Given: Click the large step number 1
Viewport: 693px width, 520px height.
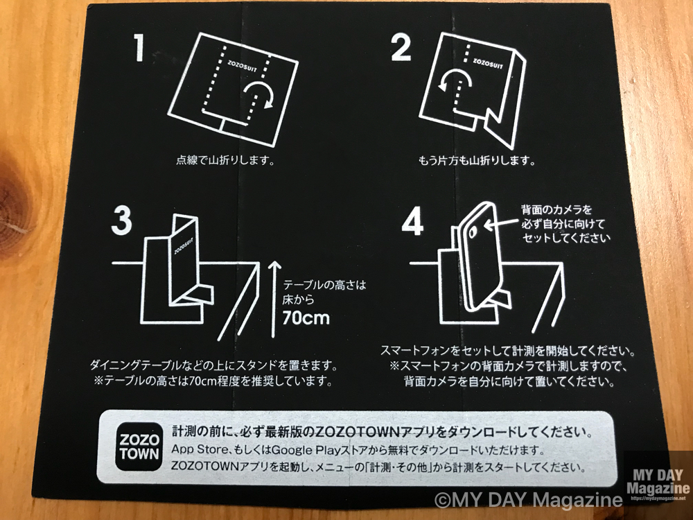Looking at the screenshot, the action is (x=140, y=48).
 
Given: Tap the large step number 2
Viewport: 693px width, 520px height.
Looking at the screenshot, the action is (x=401, y=48).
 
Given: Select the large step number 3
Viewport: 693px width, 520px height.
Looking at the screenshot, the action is (x=121, y=221).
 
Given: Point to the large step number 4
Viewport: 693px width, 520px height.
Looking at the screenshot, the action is (x=412, y=222).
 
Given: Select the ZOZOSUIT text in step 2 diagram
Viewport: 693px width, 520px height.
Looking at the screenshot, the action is (x=488, y=63).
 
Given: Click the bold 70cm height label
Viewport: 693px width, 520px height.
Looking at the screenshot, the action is (x=306, y=318).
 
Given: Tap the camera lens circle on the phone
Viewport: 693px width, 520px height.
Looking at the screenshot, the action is (x=473, y=232).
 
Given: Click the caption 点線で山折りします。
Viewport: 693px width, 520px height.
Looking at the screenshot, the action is (x=225, y=160).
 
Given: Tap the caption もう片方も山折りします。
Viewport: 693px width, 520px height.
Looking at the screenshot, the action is (x=477, y=160).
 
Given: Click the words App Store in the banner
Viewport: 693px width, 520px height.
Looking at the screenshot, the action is (x=196, y=450).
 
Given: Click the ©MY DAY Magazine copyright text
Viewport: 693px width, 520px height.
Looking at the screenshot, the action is (x=528, y=500).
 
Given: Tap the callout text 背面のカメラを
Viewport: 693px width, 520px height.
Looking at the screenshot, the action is (x=556, y=209).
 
